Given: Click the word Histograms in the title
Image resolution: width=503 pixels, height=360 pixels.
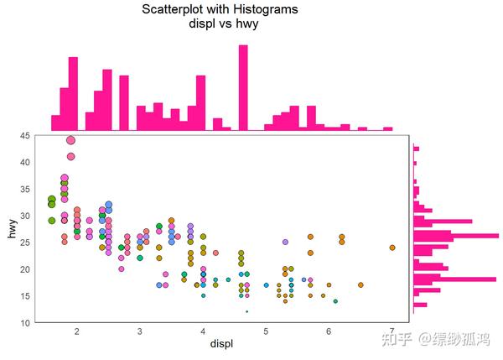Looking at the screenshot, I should (x=263, y=10).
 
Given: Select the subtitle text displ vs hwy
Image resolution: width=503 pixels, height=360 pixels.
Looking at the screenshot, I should (x=223, y=24).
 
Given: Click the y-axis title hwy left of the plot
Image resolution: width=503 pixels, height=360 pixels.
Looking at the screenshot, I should (x=13, y=228).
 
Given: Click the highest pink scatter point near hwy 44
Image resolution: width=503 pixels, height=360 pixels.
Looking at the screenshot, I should (x=70, y=140).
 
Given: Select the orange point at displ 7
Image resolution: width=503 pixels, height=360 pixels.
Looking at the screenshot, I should (x=392, y=248).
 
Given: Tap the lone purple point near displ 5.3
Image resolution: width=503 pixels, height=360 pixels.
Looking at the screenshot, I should (x=285, y=242).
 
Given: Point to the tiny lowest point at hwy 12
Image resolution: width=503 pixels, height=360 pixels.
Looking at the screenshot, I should (x=246, y=311).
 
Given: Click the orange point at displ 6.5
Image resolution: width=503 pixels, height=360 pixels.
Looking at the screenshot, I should (x=360, y=285).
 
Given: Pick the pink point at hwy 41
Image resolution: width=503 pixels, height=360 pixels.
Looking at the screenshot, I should (x=70, y=156).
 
